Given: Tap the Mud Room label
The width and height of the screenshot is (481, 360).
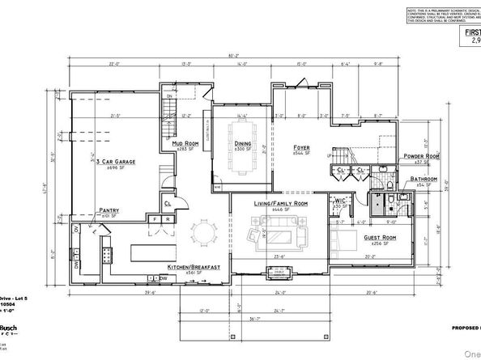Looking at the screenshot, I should click(x=186, y=142).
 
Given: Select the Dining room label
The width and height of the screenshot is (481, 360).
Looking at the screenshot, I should click(x=244, y=143).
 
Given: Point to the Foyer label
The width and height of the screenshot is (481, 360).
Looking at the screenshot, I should click(x=303, y=146).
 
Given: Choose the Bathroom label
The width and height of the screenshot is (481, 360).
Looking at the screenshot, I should click(x=423, y=179).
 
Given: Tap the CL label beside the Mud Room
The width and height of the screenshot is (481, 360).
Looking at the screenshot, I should click(x=167, y=204).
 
